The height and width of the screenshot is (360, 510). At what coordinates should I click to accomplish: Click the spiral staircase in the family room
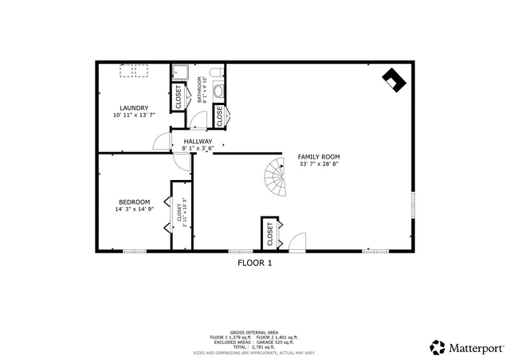pos(276,178)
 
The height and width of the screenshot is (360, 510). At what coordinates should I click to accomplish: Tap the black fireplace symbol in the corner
pos(394,78)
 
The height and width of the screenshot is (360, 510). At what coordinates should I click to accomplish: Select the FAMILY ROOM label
pos(319,156)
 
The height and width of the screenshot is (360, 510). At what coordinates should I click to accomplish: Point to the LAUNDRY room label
pos(133,108)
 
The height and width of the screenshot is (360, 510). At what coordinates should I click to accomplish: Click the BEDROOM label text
pos(134,202)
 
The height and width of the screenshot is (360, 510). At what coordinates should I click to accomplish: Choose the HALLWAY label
pos(198,141)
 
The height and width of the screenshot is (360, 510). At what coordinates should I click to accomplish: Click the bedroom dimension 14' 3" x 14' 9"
pos(134,210)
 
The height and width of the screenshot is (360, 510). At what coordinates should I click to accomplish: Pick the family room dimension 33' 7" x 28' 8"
pos(319,165)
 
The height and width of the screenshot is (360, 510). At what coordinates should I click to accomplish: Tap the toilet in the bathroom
pos(219,86)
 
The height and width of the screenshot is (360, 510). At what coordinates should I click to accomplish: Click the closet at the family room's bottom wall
pos(270,233)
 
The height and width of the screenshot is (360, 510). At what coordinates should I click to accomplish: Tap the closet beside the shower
pos(178,97)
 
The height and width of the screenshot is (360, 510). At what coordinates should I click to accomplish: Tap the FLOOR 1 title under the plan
pos(255,263)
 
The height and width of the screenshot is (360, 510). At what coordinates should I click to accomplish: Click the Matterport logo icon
pos(437,346)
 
